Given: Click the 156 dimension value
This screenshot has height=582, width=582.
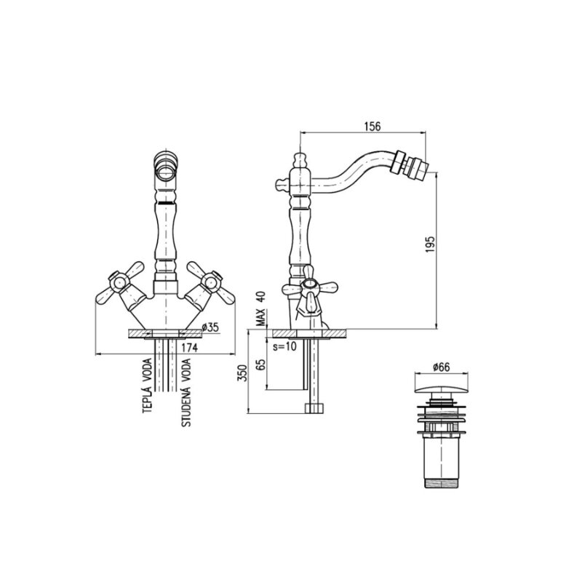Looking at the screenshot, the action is [x=372, y=126].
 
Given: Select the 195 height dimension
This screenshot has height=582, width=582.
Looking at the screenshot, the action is [x=430, y=244].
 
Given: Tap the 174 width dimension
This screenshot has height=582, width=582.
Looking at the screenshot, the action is [x=190, y=348].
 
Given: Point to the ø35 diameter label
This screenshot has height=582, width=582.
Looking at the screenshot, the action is [x=210, y=327].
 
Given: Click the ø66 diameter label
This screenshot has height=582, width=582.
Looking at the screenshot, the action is [x=441, y=367].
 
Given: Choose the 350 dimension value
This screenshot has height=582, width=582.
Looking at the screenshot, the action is [x=243, y=372].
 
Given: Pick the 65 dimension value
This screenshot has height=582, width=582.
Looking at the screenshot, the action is [x=261, y=364].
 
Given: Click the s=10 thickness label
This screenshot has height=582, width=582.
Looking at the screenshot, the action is [x=284, y=347].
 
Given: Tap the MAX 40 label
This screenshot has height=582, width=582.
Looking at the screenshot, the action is [x=262, y=308].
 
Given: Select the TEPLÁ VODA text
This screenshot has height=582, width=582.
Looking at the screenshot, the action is [x=148, y=386].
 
